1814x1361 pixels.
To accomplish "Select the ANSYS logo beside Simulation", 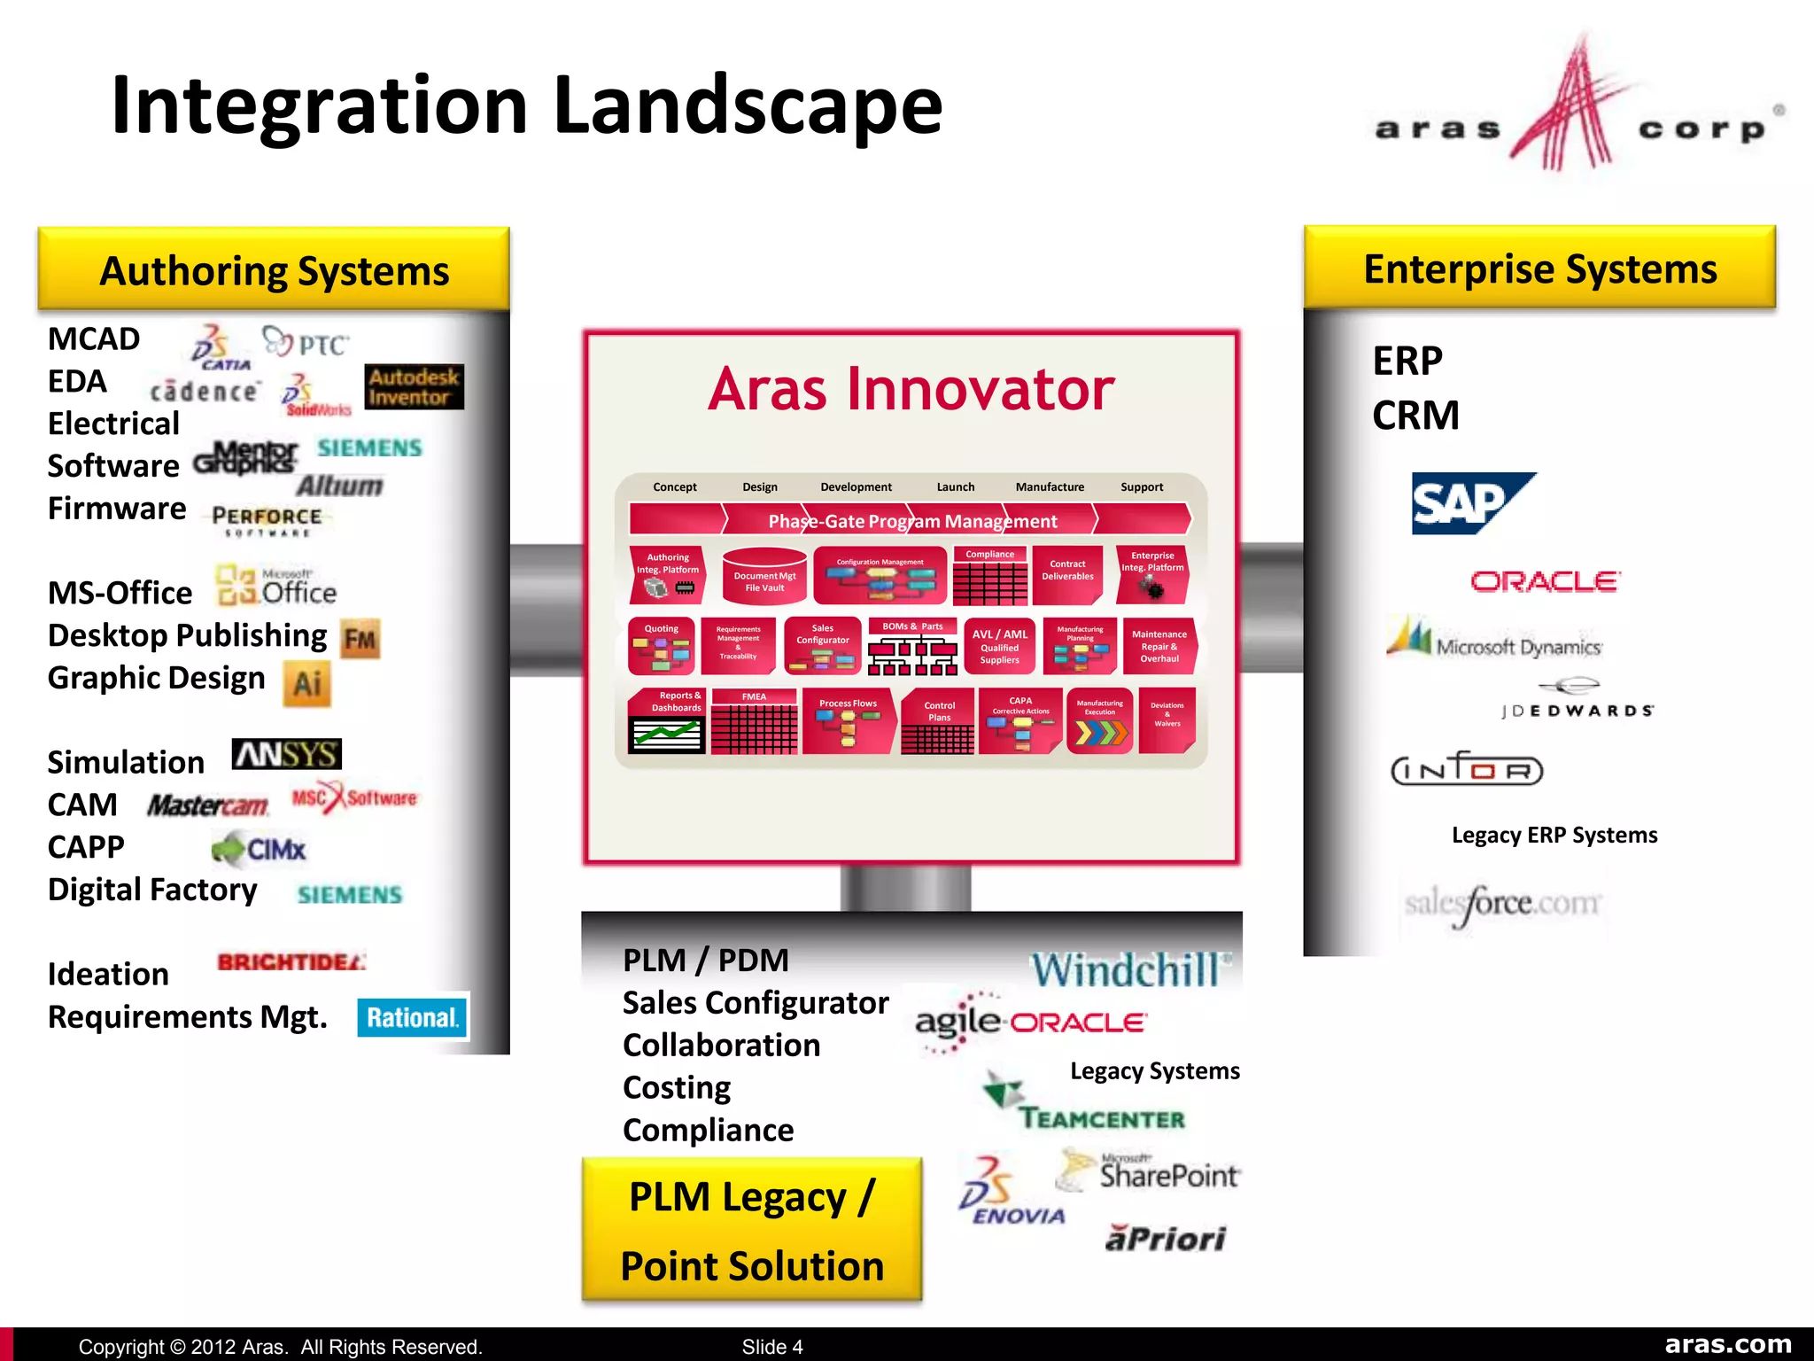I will (x=286, y=755).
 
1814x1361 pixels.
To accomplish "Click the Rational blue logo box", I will (x=413, y=1017).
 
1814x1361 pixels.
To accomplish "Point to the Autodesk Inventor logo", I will (x=414, y=387).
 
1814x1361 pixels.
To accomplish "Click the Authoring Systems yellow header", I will (x=274, y=270).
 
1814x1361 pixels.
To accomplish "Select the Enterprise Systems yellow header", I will (x=1539, y=268).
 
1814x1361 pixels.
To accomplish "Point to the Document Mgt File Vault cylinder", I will (x=764, y=578).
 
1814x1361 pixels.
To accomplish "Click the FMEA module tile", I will (x=754, y=722).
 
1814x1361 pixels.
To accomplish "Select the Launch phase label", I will (x=955, y=487).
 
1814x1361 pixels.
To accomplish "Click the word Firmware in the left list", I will (x=117, y=509).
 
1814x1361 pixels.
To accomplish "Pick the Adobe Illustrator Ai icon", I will (x=307, y=683).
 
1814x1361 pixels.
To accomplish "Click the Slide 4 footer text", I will (x=771, y=1347).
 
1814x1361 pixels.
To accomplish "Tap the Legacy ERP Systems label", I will (x=1554, y=836).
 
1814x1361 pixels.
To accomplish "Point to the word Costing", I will (x=677, y=1088).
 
